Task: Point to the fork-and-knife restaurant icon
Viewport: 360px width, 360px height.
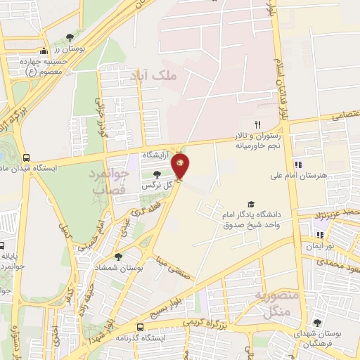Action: [x=247, y=124]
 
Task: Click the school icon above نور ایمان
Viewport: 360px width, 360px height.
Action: [x=320, y=236]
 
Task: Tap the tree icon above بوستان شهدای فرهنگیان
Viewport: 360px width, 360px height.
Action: [x=320, y=323]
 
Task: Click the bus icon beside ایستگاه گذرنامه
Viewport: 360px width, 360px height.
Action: [x=140, y=327]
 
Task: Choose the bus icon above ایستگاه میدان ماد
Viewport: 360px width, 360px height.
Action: [x=27, y=157]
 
